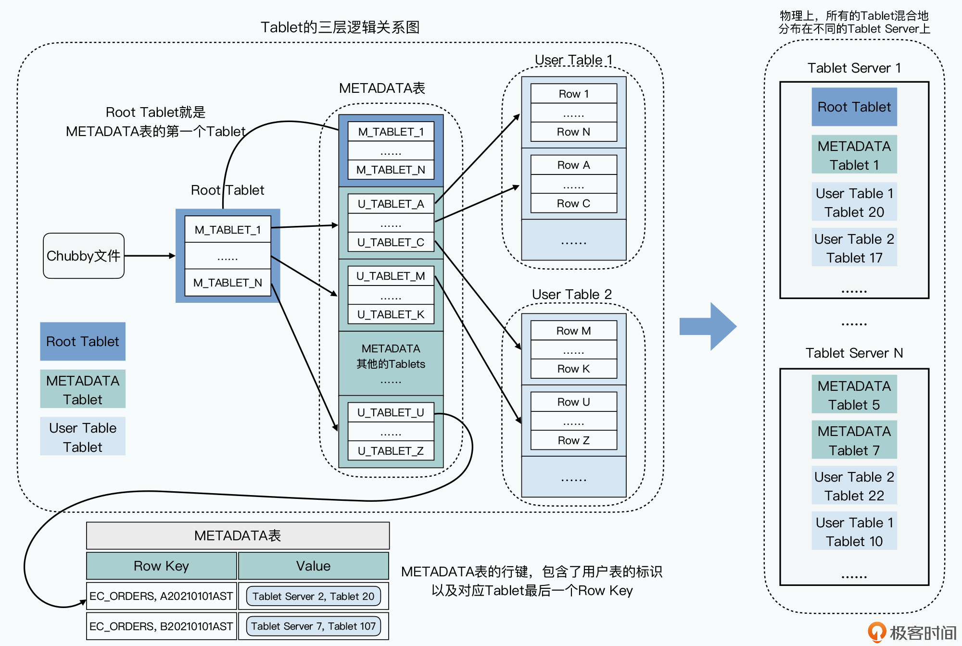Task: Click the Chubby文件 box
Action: coord(84,256)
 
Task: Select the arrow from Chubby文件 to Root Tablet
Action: coord(150,256)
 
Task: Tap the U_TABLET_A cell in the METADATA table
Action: coord(391,204)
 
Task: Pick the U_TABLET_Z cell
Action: coord(391,451)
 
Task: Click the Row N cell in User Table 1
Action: coord(573,132)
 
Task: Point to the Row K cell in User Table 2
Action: coord(573,369)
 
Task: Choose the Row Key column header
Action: coord(161,566)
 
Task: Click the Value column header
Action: coord(313,566)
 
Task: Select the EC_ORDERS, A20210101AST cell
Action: coord(161,596)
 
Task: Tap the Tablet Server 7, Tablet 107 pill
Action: coord(313,626)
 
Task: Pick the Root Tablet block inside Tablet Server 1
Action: coord(854,107)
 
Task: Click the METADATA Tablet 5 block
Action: coord(854,395)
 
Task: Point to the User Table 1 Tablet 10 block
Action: coord(854,532)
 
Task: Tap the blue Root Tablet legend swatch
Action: coord(83,341)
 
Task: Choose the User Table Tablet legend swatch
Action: coord(83,436)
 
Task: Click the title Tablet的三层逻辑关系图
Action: coord(340,27)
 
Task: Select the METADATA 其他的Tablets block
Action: coord(391,363)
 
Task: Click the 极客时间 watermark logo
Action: coord(911,632)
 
